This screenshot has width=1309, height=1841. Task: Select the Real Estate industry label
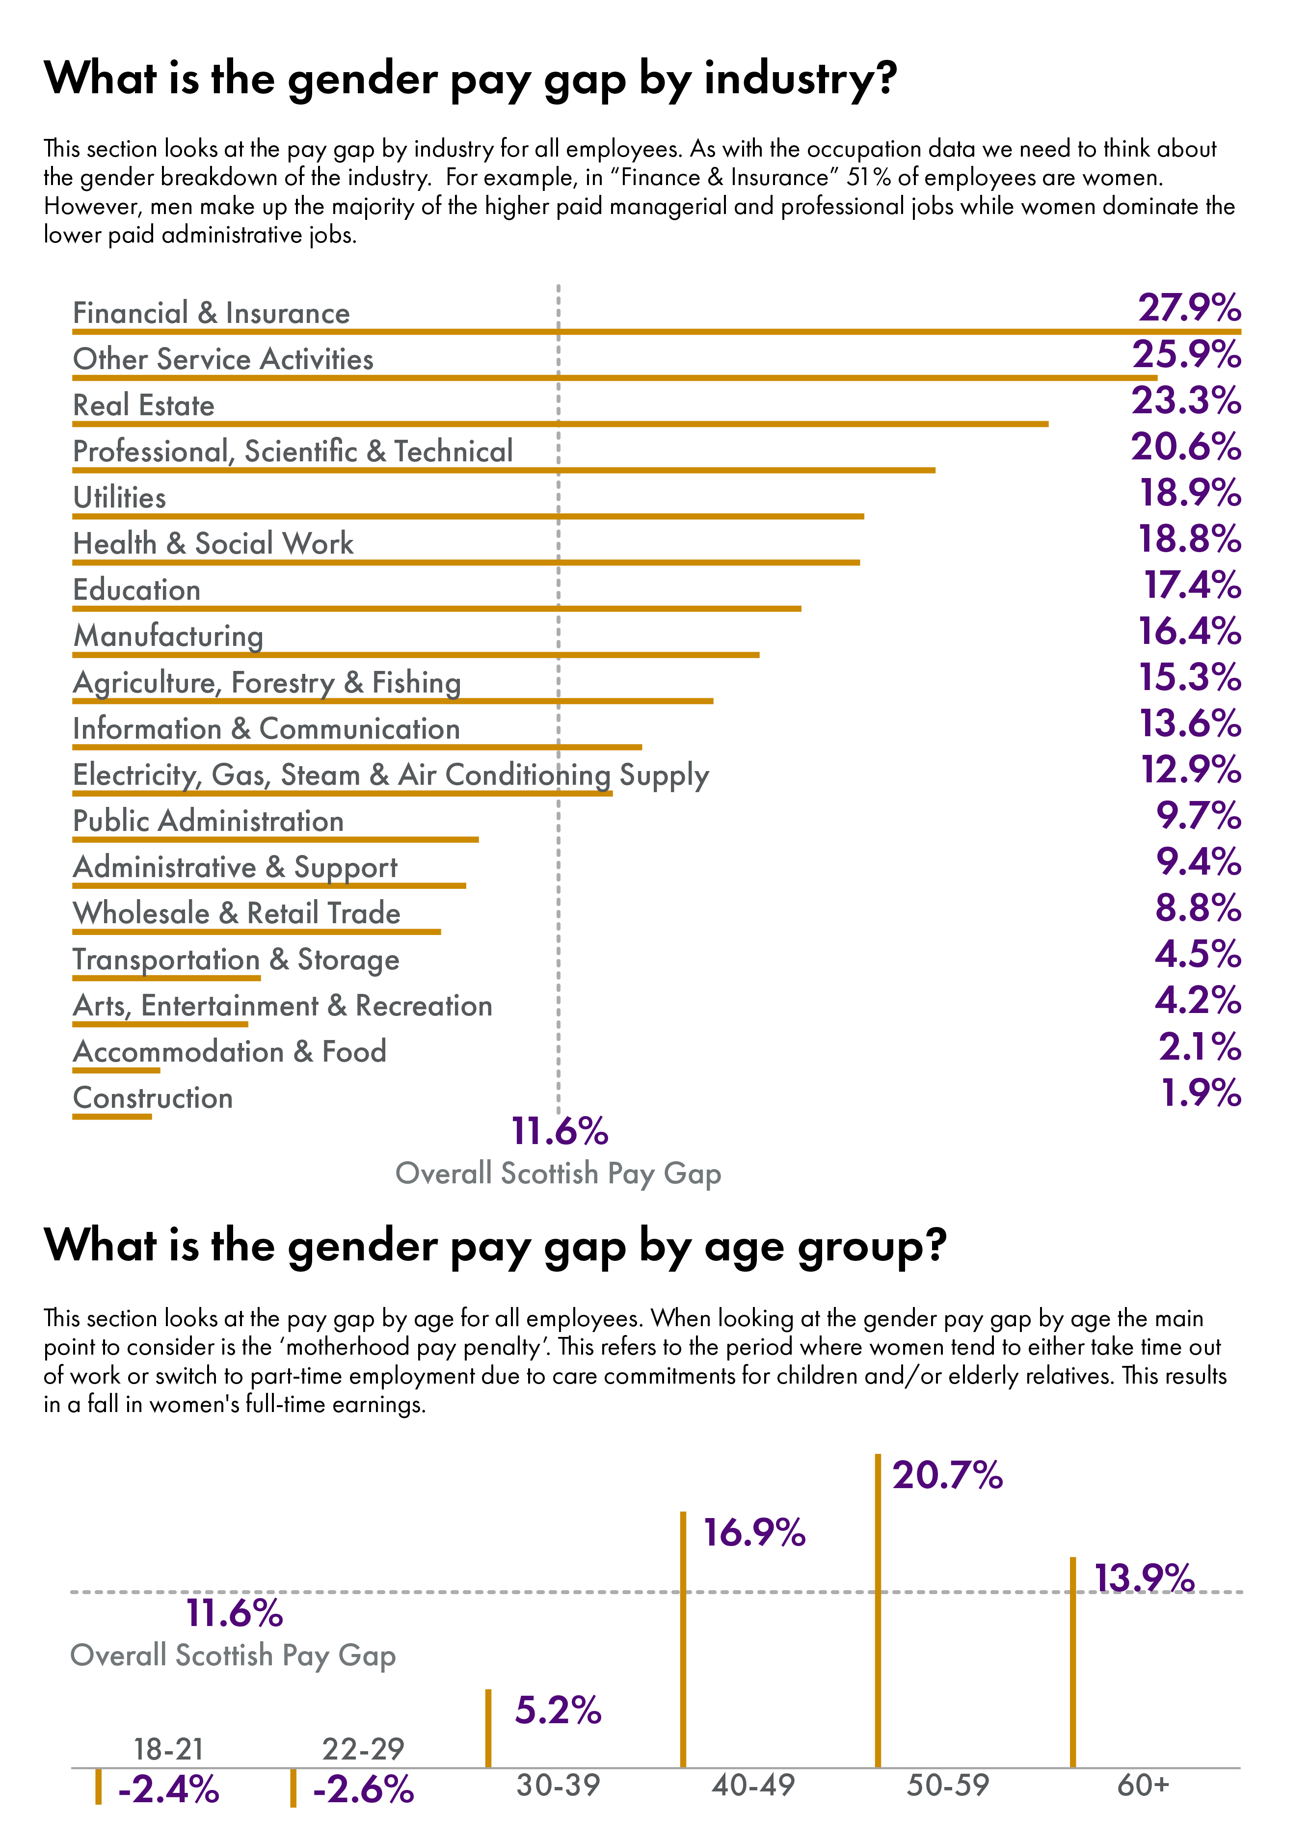pos(143,405)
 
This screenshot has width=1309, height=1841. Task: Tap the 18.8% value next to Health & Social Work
pos(1189,539)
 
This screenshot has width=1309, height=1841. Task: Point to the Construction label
pos(152,1098)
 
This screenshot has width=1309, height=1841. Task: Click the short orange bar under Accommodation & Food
pos(116,1070)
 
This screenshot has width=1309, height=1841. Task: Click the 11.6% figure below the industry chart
pos(560,1132)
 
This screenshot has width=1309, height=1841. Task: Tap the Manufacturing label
pos(168,636)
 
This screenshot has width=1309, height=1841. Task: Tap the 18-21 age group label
pos(168,1749)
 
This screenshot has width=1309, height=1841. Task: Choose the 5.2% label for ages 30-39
pos(558,1710)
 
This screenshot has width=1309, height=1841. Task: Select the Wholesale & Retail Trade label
pos(236,913)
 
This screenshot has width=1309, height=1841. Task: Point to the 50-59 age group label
pos(947,1786)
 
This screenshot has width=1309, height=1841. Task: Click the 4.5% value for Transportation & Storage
pos(1198,954)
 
